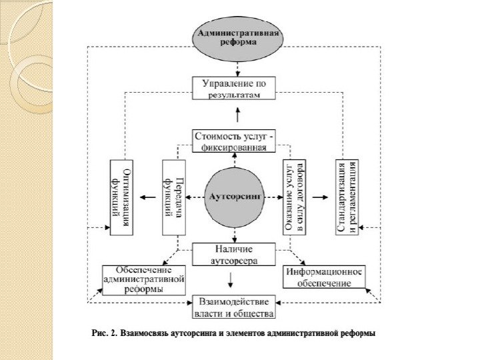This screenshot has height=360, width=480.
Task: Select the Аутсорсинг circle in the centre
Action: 234,197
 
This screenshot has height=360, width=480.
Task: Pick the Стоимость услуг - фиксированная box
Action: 234,141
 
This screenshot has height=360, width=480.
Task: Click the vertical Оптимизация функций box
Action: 121,197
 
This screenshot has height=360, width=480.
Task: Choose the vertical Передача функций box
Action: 172,197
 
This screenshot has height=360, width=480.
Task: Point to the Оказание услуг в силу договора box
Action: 293,197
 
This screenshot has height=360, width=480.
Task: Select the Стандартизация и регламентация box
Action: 347,197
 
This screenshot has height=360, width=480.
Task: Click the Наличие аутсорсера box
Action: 234,254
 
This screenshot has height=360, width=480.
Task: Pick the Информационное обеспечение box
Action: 324,277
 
